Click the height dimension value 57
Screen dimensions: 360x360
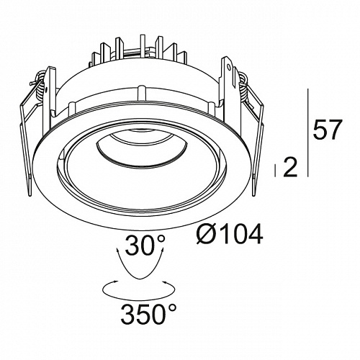pyautogui.click(x=327, y=130)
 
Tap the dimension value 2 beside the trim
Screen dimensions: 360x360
pyautogui.click(x=290, y=168)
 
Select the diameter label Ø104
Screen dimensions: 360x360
pyautogui.click(x=229, y=234)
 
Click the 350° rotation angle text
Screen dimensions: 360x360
pyautogui.click(x=148, y=313)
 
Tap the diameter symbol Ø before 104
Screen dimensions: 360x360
pyautogui.click(x=206, y=234)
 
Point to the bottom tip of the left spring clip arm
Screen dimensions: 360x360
pyautogui.click(x=30, y=196)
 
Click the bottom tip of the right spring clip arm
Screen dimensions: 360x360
pyautogui.click(x=253, y=196)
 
